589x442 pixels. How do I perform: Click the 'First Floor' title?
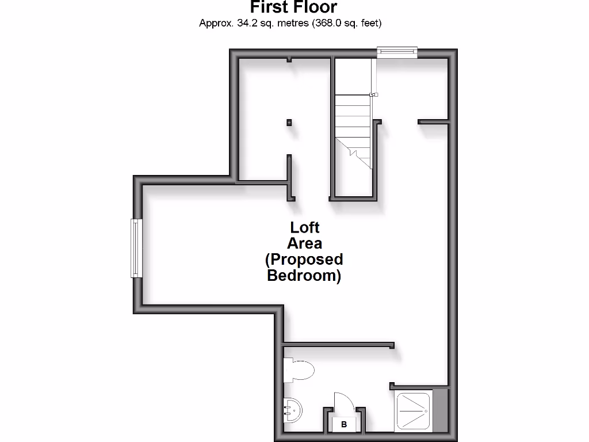tap(293, 7)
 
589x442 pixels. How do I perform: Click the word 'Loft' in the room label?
tap(305, 227)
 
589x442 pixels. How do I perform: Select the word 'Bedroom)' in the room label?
tap(304, 276)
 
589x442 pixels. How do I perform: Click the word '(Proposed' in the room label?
tap(304, 260)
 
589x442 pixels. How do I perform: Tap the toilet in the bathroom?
tap(299, 369)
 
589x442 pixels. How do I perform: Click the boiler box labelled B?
tap(344, 425)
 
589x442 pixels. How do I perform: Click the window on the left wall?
tap(136, 248)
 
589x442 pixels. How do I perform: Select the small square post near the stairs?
tap(289, 122)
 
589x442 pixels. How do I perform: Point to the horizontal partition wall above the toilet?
tap(338, 345)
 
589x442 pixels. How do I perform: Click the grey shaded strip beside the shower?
tap(440, 410)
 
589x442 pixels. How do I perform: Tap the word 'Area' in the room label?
tap(305, 243)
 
